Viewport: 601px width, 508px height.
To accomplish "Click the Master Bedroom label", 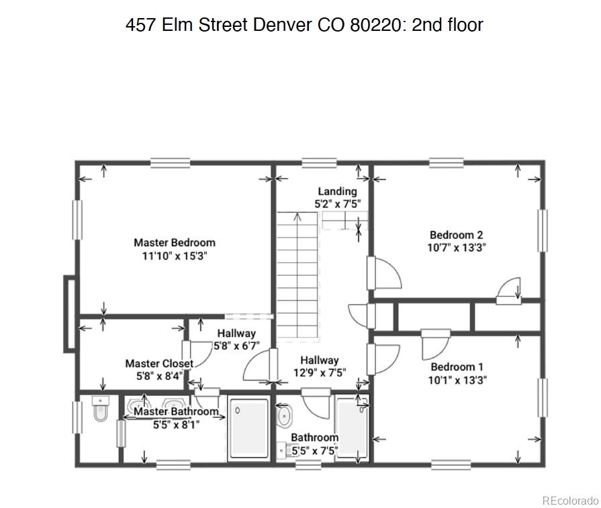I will [x=175, y=242].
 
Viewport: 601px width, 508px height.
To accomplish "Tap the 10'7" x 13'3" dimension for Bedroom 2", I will [x=457, y=247].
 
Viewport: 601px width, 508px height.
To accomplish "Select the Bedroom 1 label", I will [x=457, y=366].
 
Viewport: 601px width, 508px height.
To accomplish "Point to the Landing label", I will [x=337, y=191].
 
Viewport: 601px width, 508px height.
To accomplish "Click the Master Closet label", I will [x=159, y=364].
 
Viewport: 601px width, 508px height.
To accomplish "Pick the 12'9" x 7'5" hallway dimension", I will [x=319, y=372].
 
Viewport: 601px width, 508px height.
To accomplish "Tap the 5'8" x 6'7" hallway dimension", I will [x=236, y=346].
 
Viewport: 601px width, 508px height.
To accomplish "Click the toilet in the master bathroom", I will [x=99, y=411].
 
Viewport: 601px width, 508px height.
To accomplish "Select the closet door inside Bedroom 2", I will [x=510, y=290].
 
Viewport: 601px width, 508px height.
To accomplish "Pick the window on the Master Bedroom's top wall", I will [x=170, y=162].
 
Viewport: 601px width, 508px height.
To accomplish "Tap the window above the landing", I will [x=319, y=162].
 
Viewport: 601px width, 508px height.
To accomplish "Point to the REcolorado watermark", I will [x=569, y=501].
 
